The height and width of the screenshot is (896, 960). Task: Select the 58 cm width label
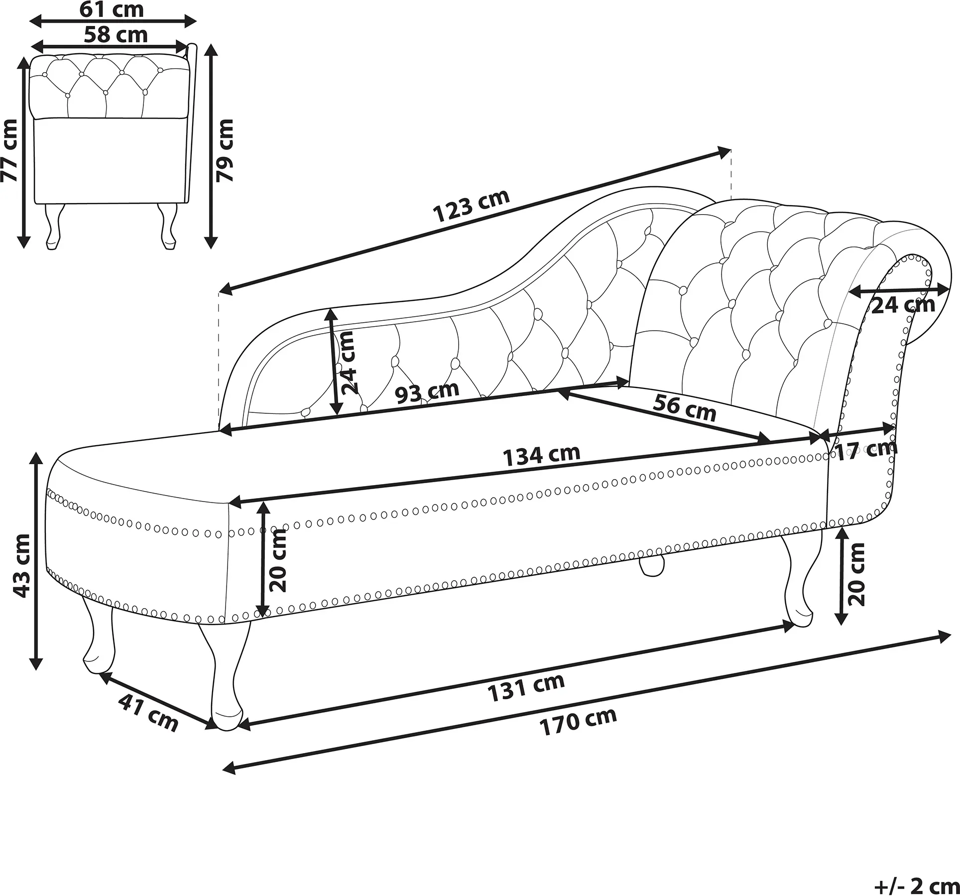click(116, 35)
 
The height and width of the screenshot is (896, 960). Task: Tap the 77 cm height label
click(9, 150)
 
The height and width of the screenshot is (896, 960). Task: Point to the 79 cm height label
click(225, 150)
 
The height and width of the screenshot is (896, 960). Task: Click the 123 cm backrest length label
click(472, 206)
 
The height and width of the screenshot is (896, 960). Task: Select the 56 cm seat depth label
click(684, 407)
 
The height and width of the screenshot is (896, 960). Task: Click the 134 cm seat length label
click(541, 455)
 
